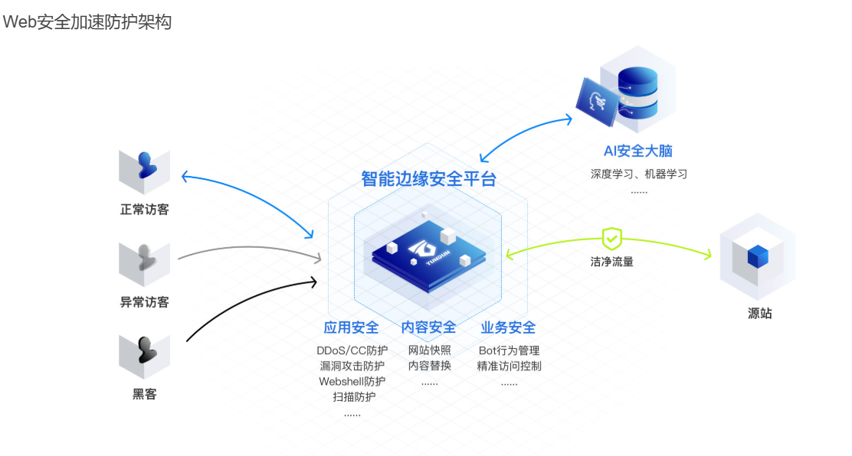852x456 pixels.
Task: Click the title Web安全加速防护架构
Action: [87, 22]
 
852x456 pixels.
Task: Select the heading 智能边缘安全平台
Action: [428, 179]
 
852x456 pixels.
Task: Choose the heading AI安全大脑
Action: [638, 151]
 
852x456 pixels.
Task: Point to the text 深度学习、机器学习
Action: [638, 174]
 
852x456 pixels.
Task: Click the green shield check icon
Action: [611, 239]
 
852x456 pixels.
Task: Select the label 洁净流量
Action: [611, 262]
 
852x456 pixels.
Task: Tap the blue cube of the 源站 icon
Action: [758, 256]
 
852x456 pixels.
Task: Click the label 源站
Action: [759, 313]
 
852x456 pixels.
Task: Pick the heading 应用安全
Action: [351, 327]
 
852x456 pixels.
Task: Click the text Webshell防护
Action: [352, 381]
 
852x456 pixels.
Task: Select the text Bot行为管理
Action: [509, 350]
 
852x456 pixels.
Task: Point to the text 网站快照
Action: [429, 350]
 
